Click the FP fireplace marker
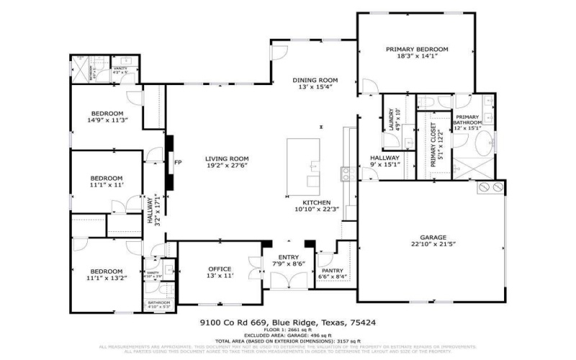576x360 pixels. pyautogui.click(x=176, y=163)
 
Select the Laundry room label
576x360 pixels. pyautogui.click(x=393, y=117)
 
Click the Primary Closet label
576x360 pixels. pyautogui.click(x=435, y=144)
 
